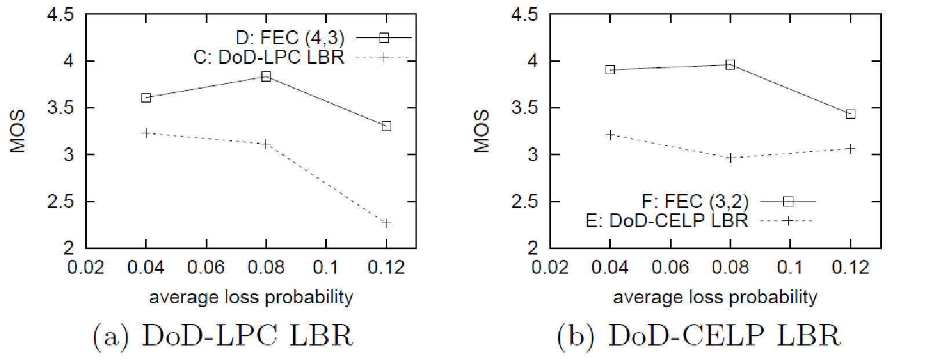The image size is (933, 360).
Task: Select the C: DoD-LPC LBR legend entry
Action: click(x=269, y=57)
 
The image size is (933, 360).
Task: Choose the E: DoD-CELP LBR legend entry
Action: click(x=666, y=221)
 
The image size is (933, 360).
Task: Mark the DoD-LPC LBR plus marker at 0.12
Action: click(x=387, y=223)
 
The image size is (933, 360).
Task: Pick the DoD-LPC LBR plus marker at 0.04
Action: click(x=146, y=133)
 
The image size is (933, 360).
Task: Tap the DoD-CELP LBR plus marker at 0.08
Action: click(x=731, y=158)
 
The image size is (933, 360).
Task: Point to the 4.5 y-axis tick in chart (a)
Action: click(x=60, y=14)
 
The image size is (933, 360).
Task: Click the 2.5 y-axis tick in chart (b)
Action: click(x=524, y=202)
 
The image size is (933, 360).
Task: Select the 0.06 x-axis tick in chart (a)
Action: click(x=206, y=267)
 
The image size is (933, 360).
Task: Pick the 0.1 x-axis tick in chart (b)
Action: click(x=790, y=267)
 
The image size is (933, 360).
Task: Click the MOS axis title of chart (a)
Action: click(x=18, y=131)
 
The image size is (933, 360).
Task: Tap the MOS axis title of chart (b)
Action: click(x=482, y=131)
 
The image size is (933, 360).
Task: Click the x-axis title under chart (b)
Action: click(x=715, y=297)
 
